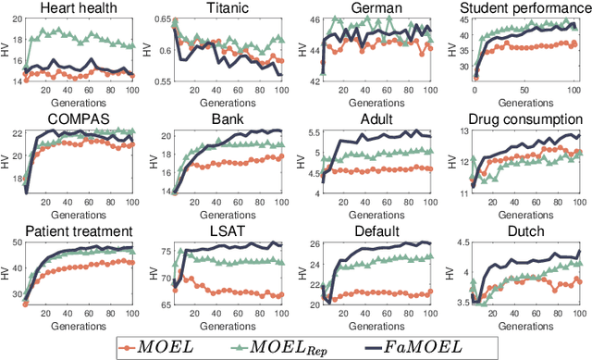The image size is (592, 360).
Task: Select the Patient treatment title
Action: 80,230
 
